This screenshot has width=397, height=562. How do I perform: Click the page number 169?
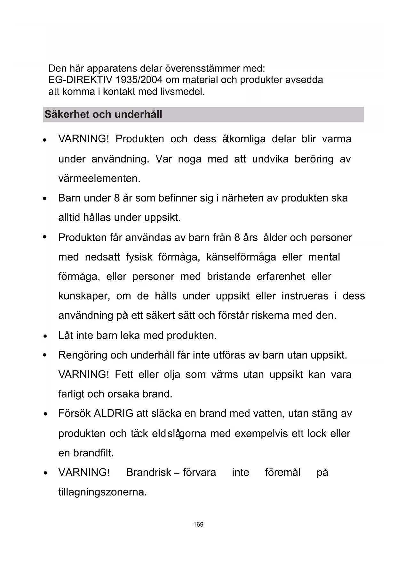coord(198,525)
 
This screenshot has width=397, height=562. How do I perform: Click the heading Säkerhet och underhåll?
coord(103,114)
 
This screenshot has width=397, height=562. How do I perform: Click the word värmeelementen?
coord(99,178)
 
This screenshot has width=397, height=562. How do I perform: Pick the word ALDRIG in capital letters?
coord(114,414)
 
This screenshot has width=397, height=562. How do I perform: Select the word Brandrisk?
coord(149,473)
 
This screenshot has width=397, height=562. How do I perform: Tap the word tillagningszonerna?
coord(102,492)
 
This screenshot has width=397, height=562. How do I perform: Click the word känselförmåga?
coord(241,257)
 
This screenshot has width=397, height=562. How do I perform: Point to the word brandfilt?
coord(93,453)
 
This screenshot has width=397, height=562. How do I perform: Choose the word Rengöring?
coord(83,355)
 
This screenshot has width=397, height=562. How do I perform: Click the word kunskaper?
coord(84,296)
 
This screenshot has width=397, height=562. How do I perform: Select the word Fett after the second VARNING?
coord(124,375)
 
